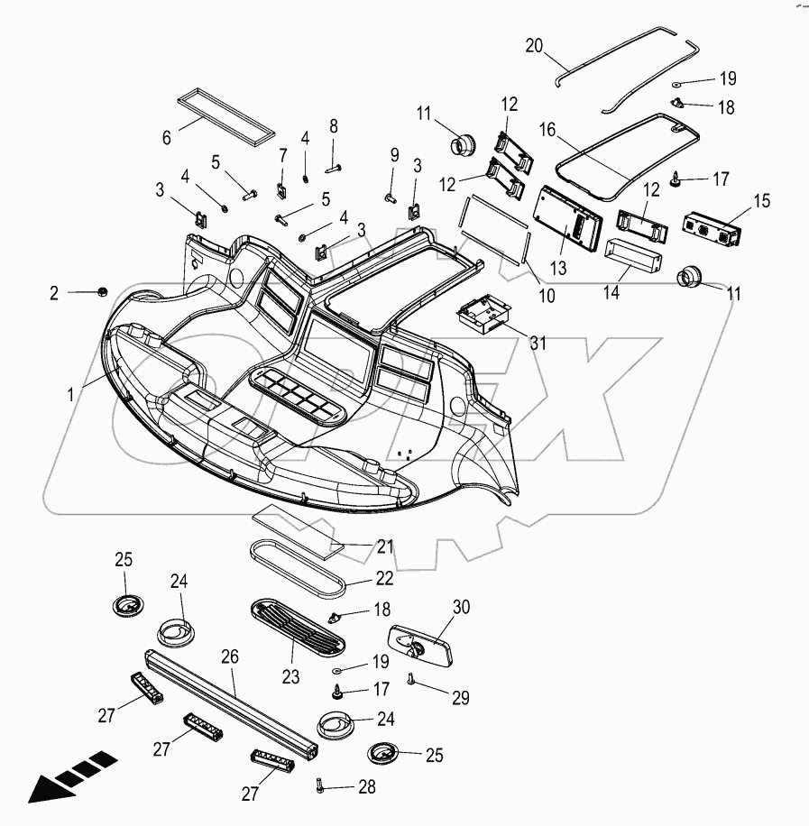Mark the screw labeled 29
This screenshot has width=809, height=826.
click(412, 679)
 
